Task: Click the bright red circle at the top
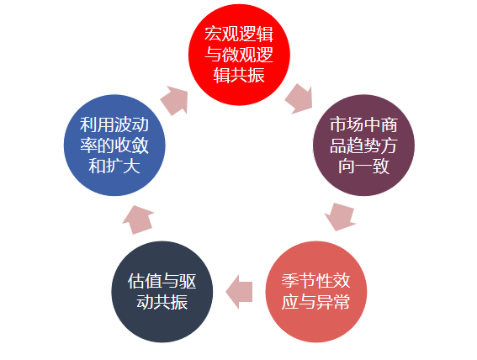pyautogui.click(x=239, y=55)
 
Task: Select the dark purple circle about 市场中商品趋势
pyautogui.click(x=363, y=145)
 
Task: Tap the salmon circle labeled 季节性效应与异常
pyautogui.click(x=316, y=292)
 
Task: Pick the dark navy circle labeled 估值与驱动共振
pyautogui.click(x=162, y=292)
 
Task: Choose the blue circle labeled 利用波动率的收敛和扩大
pyautogui.click(x=114, y=145)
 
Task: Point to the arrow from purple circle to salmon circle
pyautogui.click(x=341, y=217)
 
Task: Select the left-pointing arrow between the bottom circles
pyautogui.click(x=239, y=292)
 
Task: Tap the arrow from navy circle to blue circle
pyautogui.click(x=138, y=220)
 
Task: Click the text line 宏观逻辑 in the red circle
pyautogui.click(x=239, y=34)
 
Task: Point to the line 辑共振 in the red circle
pyautogui.click(x=239, y=75)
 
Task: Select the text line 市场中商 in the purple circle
pyautogui.click(x=363, y=124)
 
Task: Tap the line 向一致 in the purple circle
pyautogui.click(x=363, y=166)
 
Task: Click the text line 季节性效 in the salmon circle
pyautogui.click(x=315, y=281)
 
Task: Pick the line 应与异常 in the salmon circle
pyautogui.click(x=315, y=302)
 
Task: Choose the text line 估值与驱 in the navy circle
pyautogui.click(x=162, y=281)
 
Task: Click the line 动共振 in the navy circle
pyautogui.click(x=162, y=302)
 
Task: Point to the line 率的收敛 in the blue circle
pyautogui.click(x=114, y=146)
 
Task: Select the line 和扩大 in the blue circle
pyautogui.click(x=114, y=166)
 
